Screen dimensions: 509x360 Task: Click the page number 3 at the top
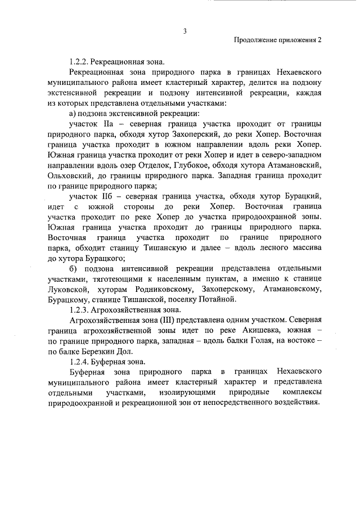pyautogui.click(x=184, y=30)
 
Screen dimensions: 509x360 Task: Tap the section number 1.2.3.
pyautogui.click(x=79, y=309)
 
